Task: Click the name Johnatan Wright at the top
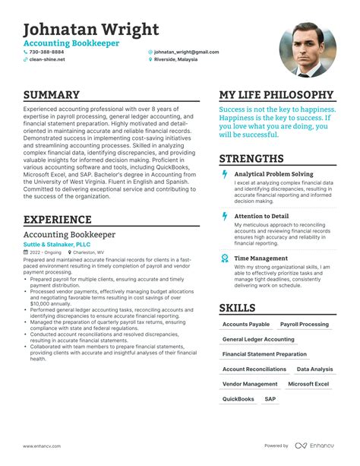(x=91, y=30)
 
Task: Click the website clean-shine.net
(x=47, y=59)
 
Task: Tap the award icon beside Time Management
(x=224, y=258)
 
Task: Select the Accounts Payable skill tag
(x=245, y=324)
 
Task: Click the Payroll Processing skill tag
(x=305, y=324)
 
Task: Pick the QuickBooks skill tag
(x=238, y=398)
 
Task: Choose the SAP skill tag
(x=270, y=398)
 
